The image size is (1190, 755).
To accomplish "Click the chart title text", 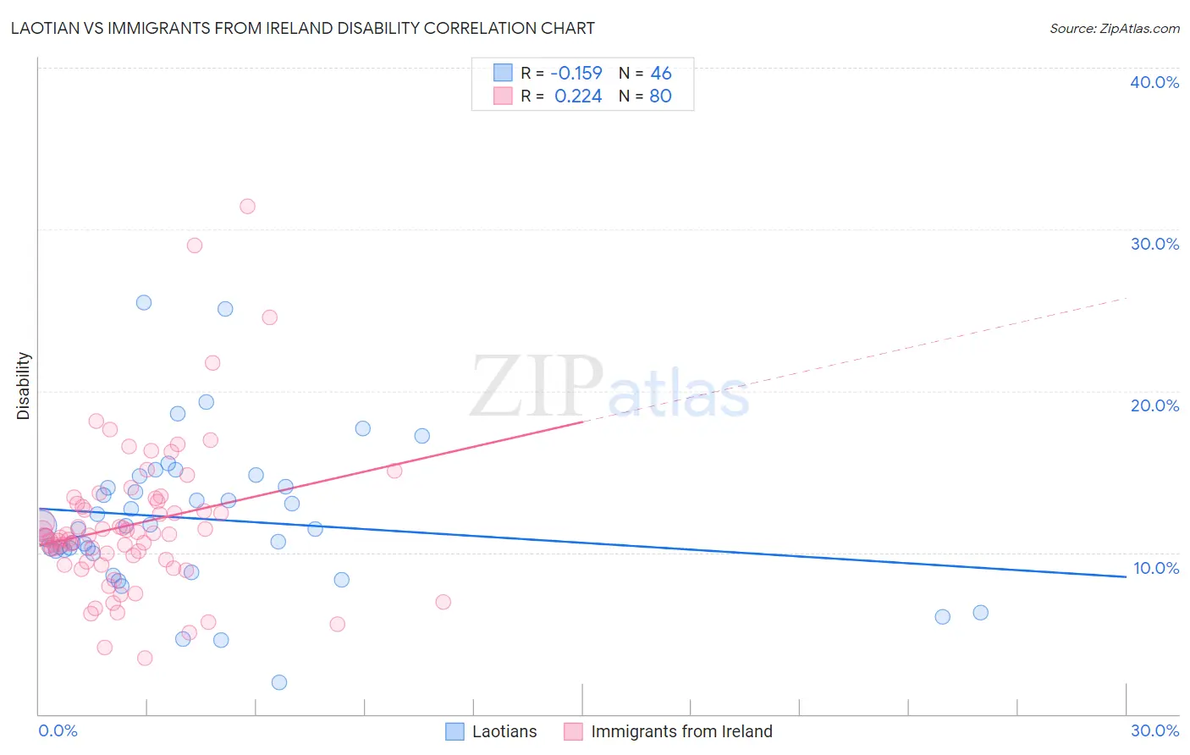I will click(x=303, y=28).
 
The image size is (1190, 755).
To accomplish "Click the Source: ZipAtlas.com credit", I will click(x=1114, y=28).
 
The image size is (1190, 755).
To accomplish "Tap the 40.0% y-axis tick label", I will click(x=1154, y=82).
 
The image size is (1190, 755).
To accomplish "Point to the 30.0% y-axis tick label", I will click(x=1154, y=244).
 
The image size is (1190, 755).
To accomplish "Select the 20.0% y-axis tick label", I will click(x=1154, y=405).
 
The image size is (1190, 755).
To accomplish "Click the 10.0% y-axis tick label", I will click(x=1155, y=568).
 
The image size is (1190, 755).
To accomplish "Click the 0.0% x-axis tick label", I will click(x=58, y=730).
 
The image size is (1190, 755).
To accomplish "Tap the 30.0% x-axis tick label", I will click(x=1154, y=730).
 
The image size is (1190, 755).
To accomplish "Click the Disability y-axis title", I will click(x=24, y=386).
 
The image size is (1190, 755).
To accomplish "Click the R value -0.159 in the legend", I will click(x=576, y=74).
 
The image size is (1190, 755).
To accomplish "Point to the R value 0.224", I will click(x=578, y=96).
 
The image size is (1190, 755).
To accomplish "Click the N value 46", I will click(x=660, y=74).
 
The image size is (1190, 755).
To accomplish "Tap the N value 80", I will click(x=660, y=96).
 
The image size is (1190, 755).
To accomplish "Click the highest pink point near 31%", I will click(x=247, y=207).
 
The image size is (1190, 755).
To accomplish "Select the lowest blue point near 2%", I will click(x=279, y=682).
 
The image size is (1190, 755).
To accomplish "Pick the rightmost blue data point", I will click(x=980, y=613).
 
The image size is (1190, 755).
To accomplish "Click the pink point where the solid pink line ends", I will click(x=394, y=471).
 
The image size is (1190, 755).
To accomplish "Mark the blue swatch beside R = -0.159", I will click(x=503, y=73).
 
